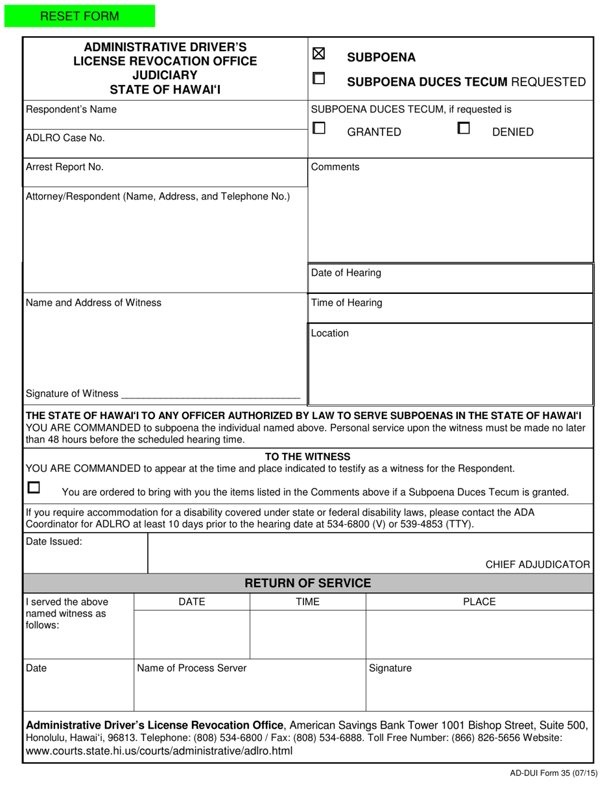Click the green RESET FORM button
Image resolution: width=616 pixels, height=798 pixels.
[79, 16]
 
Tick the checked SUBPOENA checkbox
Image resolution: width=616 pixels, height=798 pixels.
[319, 55]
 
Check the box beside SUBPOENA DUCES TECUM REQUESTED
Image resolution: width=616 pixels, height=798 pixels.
[319, 79]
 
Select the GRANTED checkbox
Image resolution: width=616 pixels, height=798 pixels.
[319, 128]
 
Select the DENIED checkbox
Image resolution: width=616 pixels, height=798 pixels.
[464, 128]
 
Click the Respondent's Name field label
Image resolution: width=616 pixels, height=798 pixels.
[71, 110]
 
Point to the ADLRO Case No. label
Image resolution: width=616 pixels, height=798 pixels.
[65, 138]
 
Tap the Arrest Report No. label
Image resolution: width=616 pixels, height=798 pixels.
[64, 167]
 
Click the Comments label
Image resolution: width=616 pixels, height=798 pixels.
[335, 167]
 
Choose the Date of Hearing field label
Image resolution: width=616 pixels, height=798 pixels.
[346, 272]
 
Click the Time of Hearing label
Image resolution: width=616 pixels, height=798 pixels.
[347, 302]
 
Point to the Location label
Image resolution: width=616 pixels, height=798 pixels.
[329, 333]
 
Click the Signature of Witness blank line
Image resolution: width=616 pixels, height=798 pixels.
[211, 394]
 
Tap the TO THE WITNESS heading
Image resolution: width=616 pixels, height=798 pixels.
[308, 457]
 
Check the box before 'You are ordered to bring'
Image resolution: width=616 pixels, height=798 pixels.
[34, 487]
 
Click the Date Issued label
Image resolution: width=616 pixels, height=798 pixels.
[54, 541]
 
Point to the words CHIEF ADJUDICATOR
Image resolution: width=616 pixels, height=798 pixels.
[538, 564]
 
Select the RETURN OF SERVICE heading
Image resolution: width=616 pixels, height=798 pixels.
[308, 583]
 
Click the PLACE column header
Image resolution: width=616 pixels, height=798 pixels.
[479, 601]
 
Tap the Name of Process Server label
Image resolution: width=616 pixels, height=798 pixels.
[191, 668]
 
